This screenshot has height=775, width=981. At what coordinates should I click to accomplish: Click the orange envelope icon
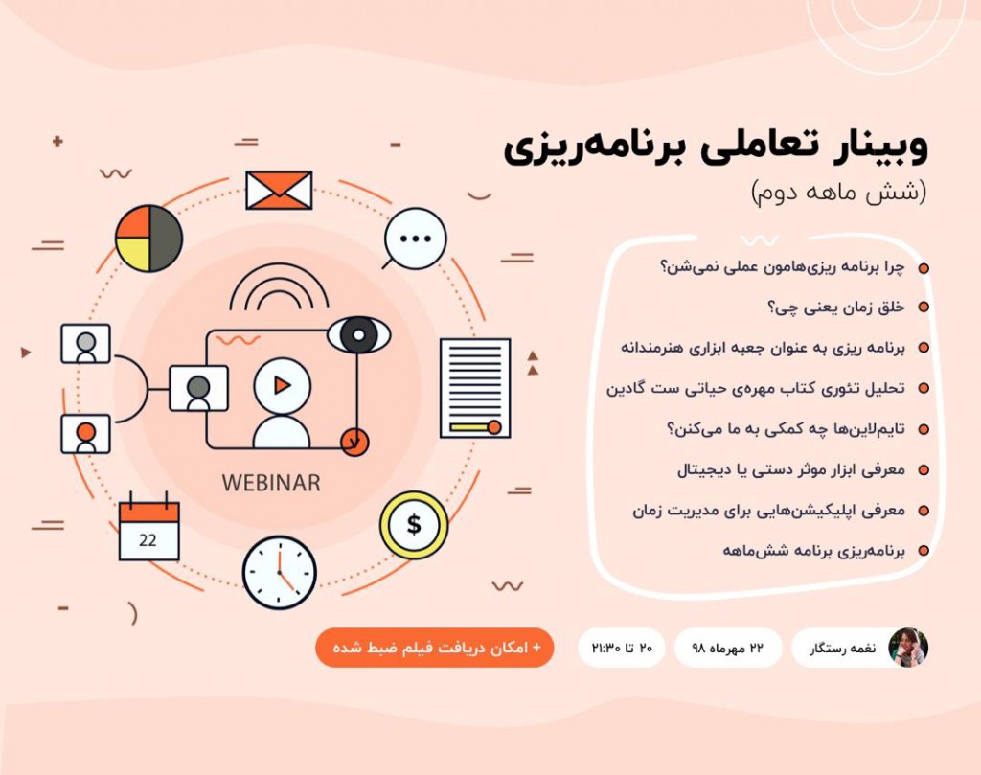279,190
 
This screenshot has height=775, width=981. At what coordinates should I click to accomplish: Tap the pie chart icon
148,238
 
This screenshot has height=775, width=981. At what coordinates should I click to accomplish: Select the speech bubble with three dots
415,239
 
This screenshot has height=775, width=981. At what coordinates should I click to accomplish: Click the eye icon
358,335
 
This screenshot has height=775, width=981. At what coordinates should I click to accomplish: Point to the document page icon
474,387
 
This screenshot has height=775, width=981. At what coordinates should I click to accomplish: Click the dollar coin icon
413,525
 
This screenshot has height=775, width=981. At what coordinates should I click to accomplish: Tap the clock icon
279,572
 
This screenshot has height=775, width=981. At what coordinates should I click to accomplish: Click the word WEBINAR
271,482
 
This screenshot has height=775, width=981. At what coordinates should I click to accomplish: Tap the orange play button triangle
282,385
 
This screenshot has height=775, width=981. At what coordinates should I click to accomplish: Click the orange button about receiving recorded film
434,648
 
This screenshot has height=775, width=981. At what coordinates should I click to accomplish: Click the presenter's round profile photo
907,648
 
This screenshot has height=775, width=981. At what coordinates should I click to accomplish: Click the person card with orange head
86,433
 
